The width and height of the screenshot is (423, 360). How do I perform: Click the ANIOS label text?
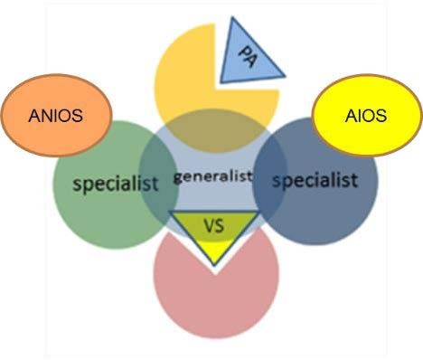click(x=56, y=116)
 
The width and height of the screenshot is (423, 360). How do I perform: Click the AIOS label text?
click(x=366, y=116)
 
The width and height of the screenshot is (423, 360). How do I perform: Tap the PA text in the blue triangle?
click(x=248, y=56)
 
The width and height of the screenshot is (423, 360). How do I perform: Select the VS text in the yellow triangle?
click(x=214, y=225)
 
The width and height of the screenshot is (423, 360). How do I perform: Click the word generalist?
click(x=212, y=176)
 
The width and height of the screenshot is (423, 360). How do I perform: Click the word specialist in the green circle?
click(x=116, y=184)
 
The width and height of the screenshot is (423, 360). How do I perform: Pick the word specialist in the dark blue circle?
click(x=315, y=180)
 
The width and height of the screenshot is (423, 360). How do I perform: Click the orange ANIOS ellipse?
click(x=57, y=115)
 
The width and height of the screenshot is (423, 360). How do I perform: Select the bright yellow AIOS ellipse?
click(x=366, y=115)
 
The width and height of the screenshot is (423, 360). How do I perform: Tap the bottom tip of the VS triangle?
click(x=214, y=265)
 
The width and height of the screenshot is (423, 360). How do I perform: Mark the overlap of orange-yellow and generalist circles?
click(x=214, y=130)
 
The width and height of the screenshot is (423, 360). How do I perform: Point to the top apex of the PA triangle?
click(x=232, y=17)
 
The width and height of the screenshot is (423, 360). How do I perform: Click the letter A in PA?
click(x=251, y=62)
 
